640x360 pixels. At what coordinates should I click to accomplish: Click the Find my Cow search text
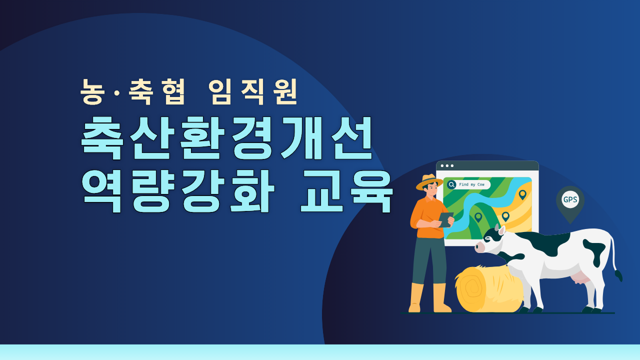471,184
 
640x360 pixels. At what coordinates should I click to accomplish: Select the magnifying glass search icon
451,184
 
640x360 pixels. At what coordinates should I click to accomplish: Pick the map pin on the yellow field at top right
522,194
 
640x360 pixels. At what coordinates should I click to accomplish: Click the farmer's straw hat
429,181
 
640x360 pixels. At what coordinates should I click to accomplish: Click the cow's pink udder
580,277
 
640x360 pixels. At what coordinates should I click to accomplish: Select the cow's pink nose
479,246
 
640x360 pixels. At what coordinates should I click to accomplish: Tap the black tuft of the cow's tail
619,275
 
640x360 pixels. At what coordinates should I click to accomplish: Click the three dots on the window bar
447,165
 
